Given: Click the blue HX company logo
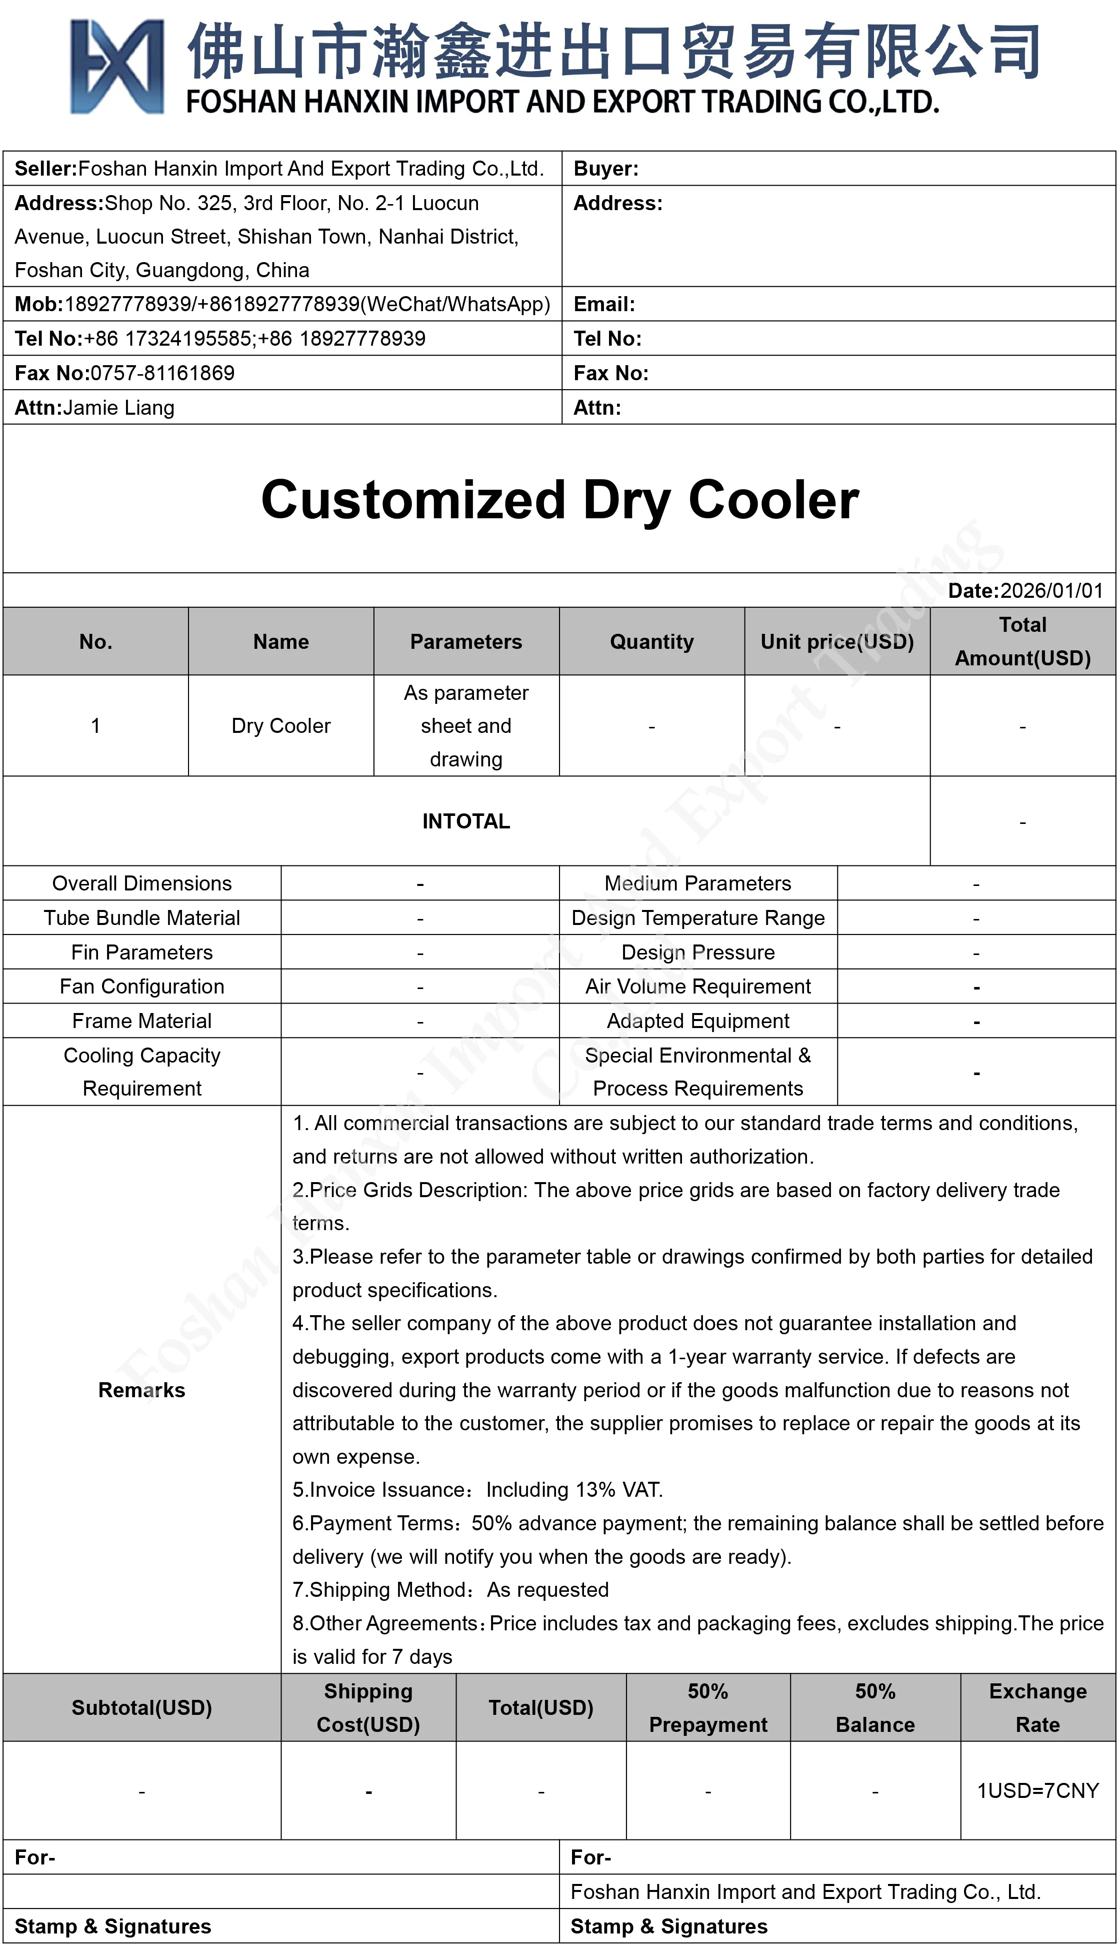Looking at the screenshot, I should tap(117, 67).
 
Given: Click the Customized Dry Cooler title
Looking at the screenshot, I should tap(559, 500).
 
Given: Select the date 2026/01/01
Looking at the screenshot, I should tap(1051, 590).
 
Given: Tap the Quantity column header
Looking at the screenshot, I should tap(651, 641).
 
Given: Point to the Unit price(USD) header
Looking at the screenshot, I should tap(837, 641).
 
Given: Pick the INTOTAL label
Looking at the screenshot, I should tap(465, 821).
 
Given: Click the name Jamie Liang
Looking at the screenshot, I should tap(119, 408).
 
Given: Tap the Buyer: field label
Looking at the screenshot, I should tap(605, 169).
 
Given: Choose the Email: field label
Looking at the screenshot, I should tap(604, 305).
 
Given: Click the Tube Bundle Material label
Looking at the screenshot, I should tap(142, 917).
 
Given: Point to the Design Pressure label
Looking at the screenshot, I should tap(698, 952).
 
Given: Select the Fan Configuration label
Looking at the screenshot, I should tap(142, 987).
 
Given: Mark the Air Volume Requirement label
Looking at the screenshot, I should tap(698, 987).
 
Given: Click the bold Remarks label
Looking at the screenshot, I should tap(142, 1390).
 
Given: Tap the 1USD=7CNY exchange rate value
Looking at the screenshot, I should tap(1037, 1791).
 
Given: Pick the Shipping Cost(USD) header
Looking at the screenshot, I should tap(368, 1708).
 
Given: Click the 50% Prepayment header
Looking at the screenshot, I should tap(708, 1708).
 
